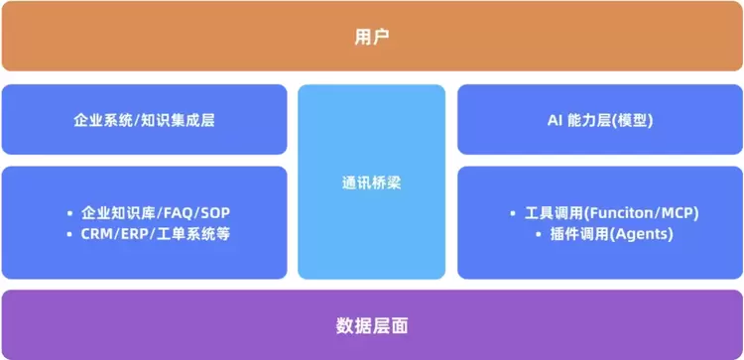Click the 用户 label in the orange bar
(372, 37)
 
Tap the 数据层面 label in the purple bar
(372, 326)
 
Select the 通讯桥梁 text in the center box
(372, 183)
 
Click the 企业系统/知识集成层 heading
(144, 120)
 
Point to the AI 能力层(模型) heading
(600, 120)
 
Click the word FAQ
(179, 213)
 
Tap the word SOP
(215, 213)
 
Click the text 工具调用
(554, 213)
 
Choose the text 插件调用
(579, 235)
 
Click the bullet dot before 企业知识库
(70, 213)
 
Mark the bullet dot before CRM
(70, 234)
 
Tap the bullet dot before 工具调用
(513, 214)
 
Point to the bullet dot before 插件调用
(539, 235)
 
